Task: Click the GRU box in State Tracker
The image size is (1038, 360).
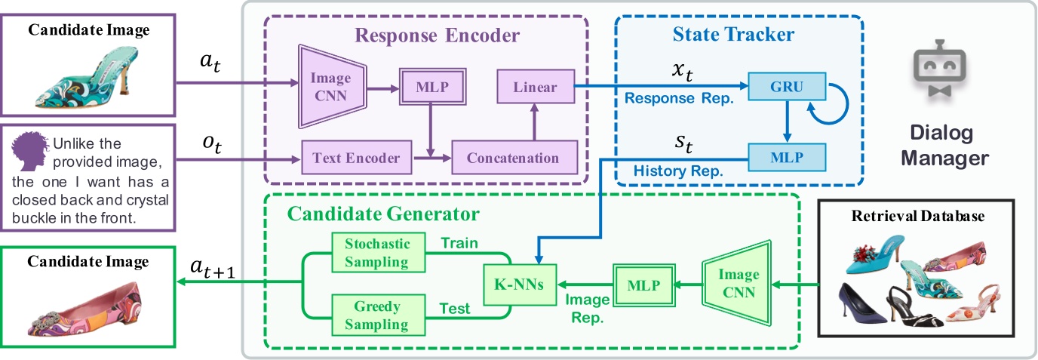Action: pyautogui.click(x=786, y=88)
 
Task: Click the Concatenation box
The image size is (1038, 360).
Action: pyautogui.click(x=513, y=158)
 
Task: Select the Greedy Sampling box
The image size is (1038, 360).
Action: pyautogui.click(x=371, y=315)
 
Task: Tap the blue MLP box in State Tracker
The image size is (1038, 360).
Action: pyautogui.click(x=786, y=158)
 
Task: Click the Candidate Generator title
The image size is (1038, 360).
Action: pyautogui.click(x=382, y=214)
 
